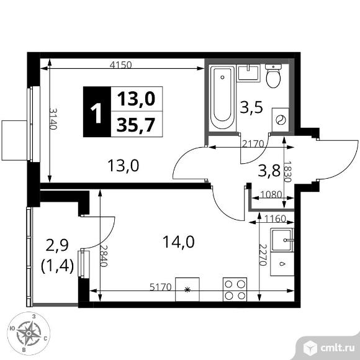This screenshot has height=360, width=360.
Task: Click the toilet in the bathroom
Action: [x=273, y=76]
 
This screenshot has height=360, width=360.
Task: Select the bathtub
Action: [x=222, y=97]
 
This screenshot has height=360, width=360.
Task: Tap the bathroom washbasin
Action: [x=249, y=73]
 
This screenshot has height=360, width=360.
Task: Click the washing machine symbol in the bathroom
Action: [x=281, y=120]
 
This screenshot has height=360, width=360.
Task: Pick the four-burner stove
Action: [x=235, y=289]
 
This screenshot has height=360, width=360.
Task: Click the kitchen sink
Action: [x=282, y=240]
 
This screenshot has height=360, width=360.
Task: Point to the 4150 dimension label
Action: [x=121, y=65]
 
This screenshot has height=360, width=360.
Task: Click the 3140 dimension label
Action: [x=53, y=119]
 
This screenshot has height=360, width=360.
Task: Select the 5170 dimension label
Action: [x=161, y=287]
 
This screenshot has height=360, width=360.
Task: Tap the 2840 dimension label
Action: [x=104, y=255]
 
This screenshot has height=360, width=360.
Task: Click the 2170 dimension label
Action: [x=253, y=144]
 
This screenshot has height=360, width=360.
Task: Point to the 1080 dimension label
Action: [x=271, y=195]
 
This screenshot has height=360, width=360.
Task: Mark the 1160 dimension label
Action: [x=275, y=219]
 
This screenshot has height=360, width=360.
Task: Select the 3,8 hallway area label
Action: [x=269, y=171]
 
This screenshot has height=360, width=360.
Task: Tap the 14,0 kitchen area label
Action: [x=178, y=242]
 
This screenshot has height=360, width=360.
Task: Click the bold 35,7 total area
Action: [x=136, y=125]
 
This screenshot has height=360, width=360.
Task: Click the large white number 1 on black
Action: [x=96, y=113]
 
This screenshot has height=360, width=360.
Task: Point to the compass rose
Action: [x=29, y=333]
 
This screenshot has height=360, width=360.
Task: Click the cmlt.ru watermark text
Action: [x=338, y=348]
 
